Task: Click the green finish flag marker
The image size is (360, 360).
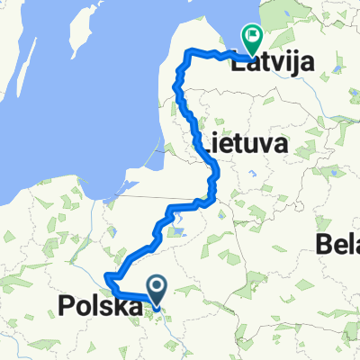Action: tap(249, 38)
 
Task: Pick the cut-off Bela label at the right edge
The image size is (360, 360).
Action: tap(338, 241)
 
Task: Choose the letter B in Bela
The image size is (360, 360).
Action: tap(324, 241)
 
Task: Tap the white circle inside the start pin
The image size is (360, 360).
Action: tap(157, 286)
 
